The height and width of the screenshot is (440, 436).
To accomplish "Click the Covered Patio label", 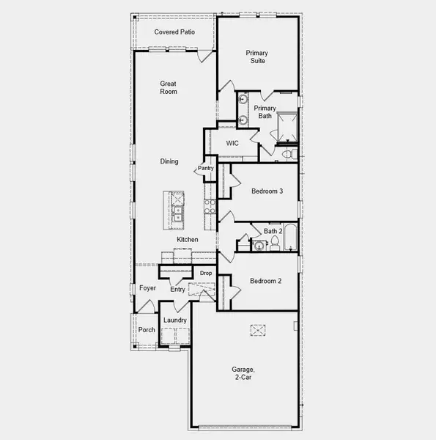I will coord(173,32).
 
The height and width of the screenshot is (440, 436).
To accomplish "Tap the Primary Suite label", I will coord(256,56).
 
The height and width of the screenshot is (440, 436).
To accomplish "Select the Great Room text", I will coord(169,88).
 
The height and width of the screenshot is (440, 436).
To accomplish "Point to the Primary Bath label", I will coord(265,113).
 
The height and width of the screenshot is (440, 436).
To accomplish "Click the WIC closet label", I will coord(233,143).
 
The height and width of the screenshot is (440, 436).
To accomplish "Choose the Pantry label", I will coord(205,169).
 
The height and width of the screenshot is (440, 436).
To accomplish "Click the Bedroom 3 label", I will coord(267,191).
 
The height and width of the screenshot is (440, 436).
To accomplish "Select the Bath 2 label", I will coord(273,232).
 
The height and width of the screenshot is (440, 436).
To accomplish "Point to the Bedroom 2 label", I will coord(265,281).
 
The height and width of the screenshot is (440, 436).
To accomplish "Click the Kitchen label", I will coord(188,240).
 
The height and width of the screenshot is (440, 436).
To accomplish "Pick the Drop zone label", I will coord(206,274).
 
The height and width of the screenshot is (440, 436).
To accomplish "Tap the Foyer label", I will coord(148,288).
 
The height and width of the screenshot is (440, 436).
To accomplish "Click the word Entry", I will coord(178,290).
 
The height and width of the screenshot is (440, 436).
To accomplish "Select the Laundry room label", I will coord(175,320).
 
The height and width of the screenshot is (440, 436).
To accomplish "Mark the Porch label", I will coord(147,329).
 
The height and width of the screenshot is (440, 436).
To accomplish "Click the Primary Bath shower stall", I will coord(284,125).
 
